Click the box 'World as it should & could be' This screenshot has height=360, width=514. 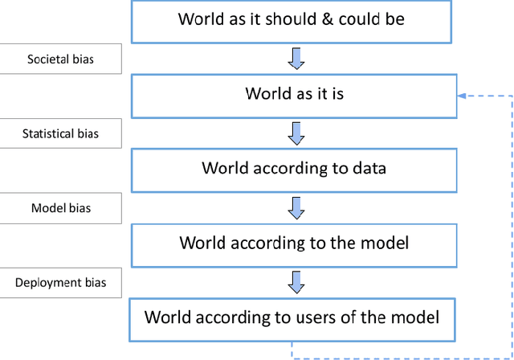tap(292, 21)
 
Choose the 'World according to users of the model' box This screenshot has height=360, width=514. tap(292, 317)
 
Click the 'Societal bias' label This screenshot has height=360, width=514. tap(60, 59)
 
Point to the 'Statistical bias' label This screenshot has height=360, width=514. tap(60, 133)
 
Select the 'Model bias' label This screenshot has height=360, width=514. tap(60, 208)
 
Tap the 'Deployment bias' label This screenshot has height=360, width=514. tap(60, 283)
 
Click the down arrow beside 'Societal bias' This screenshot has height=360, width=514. tap(296, 58)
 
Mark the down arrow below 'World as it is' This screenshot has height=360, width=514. tap(296, 133)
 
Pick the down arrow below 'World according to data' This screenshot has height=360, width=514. tap(296, 207)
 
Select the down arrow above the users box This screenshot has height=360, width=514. tap(296, 281)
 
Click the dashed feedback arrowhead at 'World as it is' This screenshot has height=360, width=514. tap(462, 95)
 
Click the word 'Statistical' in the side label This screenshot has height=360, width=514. tap(49, 133)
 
